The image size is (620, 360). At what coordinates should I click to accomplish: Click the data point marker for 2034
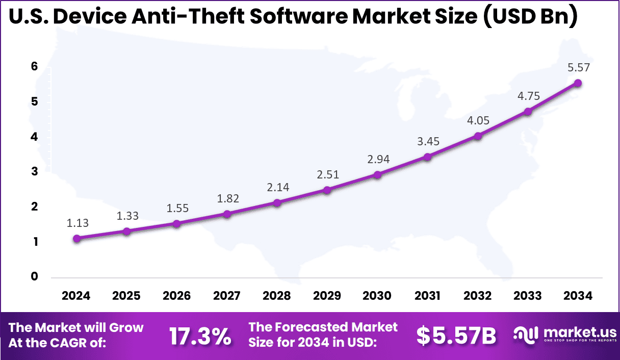(x=578, y=83)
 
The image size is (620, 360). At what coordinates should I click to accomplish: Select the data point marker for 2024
(x=76, y=238)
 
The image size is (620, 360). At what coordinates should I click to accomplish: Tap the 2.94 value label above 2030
(x=378, y=159)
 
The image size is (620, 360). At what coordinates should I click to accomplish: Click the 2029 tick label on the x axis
(x=327, y=296)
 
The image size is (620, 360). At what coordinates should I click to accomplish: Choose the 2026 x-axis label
(x=177, y=296)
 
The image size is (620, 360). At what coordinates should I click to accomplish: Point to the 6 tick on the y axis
(x=34, y=66)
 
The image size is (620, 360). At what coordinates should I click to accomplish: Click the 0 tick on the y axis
(x=34, y=277)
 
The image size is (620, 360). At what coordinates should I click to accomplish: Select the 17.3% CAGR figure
(x=200, y=336)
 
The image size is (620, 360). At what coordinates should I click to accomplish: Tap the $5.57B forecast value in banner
(x=456, y=336)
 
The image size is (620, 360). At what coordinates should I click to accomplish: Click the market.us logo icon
(x=525, y=335)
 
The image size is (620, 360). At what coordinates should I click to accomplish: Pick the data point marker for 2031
(x=427, y=157)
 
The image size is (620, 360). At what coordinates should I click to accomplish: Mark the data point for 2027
(x=227, y=214)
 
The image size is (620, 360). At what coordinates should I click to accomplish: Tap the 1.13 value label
(x=77, y=223)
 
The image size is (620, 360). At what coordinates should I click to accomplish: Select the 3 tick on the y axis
(x=34, y=172)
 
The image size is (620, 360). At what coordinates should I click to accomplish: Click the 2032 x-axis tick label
(x=478, y=296)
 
